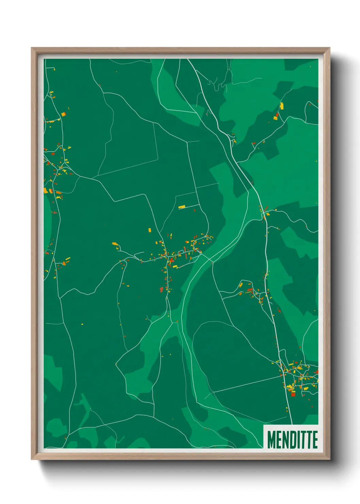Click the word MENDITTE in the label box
(292, 440)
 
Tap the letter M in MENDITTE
(271, 440)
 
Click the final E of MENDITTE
(315, 440)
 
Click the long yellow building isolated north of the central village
(182, 207)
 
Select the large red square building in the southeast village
(293, 394)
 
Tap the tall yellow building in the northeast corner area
(282, 106)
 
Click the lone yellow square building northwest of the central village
(149, 230)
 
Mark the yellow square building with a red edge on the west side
(46, 190)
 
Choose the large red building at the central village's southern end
(162, 289)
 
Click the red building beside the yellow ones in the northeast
(277, 115)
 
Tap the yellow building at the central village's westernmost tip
(115, 244)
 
